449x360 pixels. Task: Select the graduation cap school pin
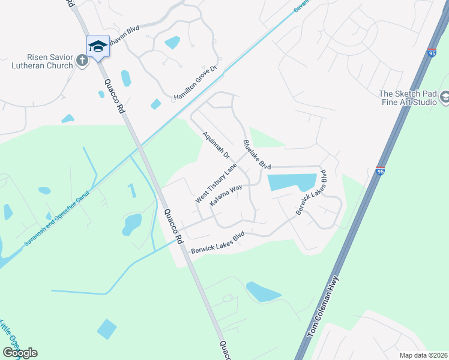98,46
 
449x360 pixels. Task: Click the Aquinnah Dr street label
217,145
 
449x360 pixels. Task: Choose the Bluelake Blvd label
257,155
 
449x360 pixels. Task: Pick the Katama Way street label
226,196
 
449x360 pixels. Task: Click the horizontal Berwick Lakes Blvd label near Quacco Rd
218,243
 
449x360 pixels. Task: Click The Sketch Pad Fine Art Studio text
408,98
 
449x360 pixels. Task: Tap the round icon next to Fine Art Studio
445,97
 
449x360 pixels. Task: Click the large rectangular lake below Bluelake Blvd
292,182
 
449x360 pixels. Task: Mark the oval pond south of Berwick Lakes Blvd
262,292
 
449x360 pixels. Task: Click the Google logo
20,353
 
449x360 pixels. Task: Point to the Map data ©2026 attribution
423,355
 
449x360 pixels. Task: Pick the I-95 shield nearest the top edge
432,53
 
